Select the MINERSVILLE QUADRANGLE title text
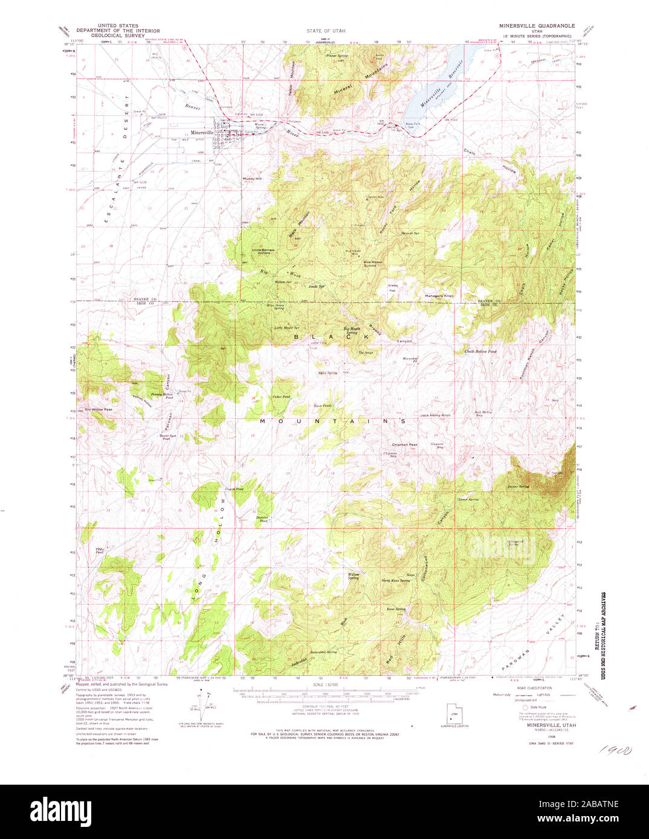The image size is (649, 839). tap(537, 27)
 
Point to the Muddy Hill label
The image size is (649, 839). tap(252, 179)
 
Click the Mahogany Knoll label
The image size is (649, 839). tap(440, 296)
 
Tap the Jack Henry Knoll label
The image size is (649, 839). tap(436, 415)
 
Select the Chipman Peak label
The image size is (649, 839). tap(404, 445)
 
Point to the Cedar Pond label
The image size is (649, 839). tap(281, 397)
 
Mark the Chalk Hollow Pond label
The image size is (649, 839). tap(480, 351)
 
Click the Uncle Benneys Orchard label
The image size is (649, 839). tap(263, 251)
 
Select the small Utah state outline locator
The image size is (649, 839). tap(451, 712)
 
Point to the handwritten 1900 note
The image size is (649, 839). tap(614, 751)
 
